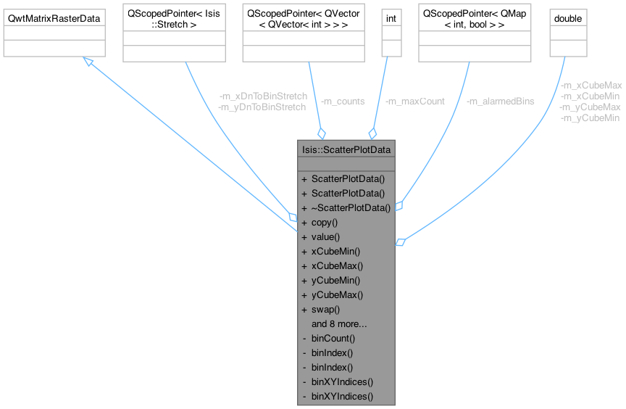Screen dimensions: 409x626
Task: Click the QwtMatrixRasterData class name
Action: [x=54, y=17]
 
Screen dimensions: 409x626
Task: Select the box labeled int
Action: [x=391, y=17]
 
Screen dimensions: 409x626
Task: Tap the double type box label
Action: [x=567, y=17]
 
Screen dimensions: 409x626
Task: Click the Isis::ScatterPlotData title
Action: [x=346, y=150]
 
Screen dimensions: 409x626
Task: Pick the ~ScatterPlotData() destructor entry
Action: [x=351, y=208]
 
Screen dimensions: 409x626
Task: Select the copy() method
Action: [x=325, y=223]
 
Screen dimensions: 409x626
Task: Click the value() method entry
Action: [x=325, y=237]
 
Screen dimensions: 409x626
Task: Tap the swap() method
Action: [x=325, y=310]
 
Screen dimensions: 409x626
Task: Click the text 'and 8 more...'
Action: [x=339, y=324]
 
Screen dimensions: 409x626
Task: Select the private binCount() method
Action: [x=333, y=339]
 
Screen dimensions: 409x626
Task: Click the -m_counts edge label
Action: [x=343, y=102]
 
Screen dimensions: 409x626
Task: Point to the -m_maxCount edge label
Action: [x=415, y=102]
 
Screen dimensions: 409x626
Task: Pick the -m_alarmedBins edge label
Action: [x=501, y=102]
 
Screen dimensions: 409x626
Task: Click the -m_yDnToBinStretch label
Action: [x=262, y=107]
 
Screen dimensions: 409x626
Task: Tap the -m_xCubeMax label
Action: [x=591, y=85]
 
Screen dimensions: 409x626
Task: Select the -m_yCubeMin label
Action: [x=590, y=117]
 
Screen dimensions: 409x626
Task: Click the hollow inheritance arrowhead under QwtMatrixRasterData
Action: [x=88, y=62]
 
